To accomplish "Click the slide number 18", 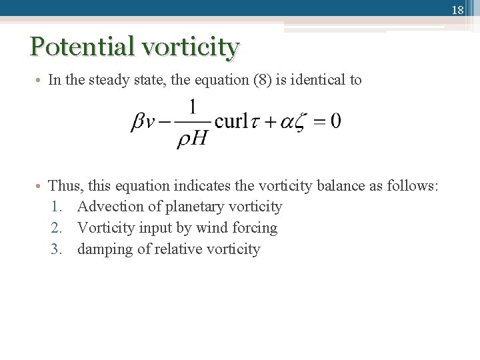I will (457, 10).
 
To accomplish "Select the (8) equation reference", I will (262, 80).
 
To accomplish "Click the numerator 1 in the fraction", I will (193, 107).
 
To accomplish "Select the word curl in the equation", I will (231, 121).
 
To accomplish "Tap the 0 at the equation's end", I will (335, 121).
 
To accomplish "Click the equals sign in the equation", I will (319, 122).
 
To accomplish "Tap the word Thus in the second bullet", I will (64, 185).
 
